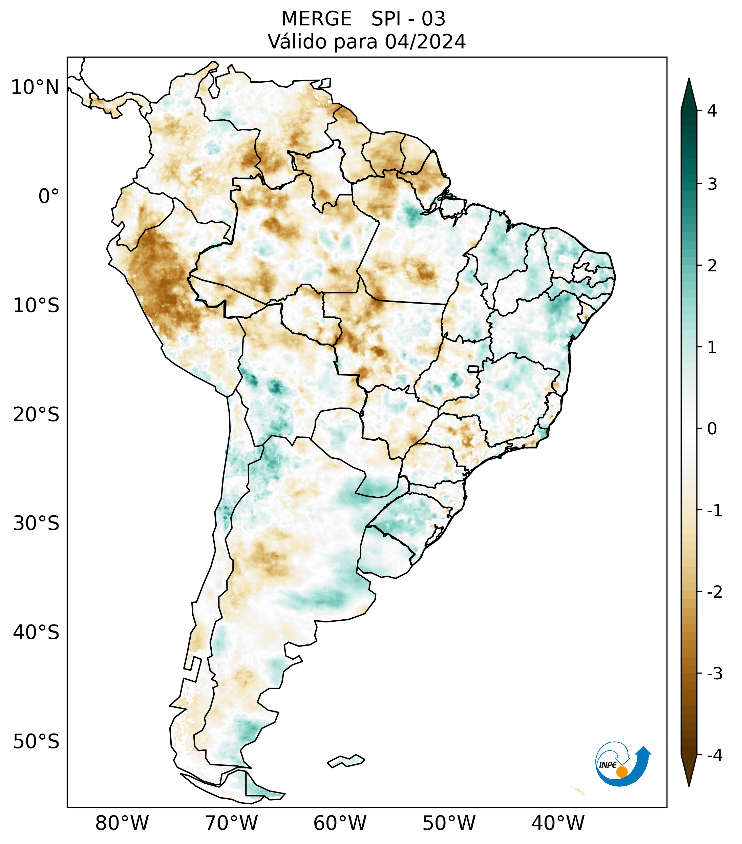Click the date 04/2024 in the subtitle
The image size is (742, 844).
(x=425, y=42)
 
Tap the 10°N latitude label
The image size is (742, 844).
(x=35, y=87)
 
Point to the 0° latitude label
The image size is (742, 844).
(x=49, y=197)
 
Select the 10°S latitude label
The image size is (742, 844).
(x=36, y=306)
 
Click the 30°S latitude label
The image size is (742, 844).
(x=36, y=523)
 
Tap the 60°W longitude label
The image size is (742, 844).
(x=340, y=823)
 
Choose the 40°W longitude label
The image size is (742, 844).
(x=557, y=823)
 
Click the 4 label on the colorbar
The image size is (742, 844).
(x=712, y=111)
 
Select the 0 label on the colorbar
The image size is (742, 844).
(x=712, y=429)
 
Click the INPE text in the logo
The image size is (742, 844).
(x=608, y=765)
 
